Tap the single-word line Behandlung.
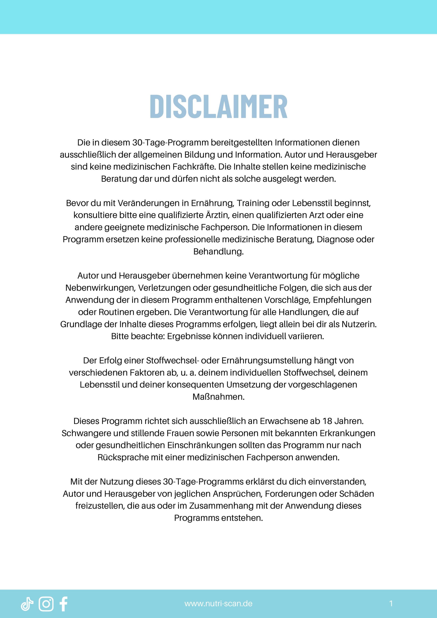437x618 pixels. coord(218,251)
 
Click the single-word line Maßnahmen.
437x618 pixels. coord(218,397)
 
